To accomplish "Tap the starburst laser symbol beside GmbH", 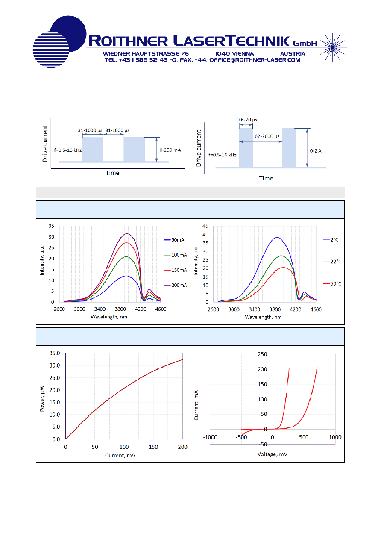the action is (333, 47).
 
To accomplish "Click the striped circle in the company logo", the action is (51, 50).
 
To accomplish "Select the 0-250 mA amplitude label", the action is (170, 150).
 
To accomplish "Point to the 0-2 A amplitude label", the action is (315, 151).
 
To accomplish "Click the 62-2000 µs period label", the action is (267, 136).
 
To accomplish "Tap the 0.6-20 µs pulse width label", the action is (247, 120).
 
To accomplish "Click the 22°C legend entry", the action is (332, 262).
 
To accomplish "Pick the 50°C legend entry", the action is (332, 284).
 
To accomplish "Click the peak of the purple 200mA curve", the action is (127, 234).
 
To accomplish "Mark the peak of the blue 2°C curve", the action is (277, 237).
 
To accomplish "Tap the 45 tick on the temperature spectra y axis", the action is (205, 226).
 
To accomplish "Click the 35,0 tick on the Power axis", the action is (55, 353).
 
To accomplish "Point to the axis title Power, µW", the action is (42, 398).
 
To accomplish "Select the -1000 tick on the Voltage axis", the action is (210, 437).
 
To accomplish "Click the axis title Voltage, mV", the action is (273, 454).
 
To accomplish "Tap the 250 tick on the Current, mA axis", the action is (262, 354).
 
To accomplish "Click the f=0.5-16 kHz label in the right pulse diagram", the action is (223, 155).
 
